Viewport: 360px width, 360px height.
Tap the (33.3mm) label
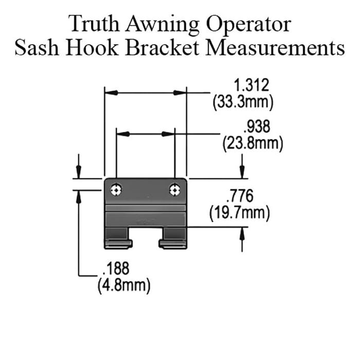point(242,102)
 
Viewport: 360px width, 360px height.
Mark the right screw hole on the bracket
point(174,190)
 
